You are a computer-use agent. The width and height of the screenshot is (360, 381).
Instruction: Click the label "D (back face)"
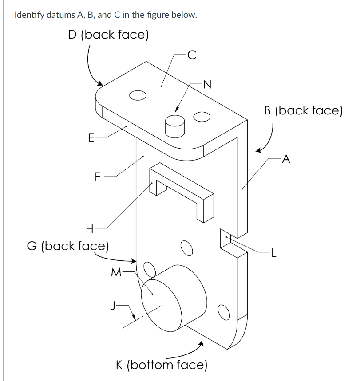[108, 35]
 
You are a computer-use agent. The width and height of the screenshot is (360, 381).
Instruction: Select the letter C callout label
[192, 55]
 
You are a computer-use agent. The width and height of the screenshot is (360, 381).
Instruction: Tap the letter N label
[207, 84]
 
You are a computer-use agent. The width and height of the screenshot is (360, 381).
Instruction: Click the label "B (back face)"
[303, 110]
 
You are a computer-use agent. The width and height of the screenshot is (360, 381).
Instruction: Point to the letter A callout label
[286, 159]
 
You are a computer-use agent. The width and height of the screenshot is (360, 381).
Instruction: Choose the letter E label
[91, 138]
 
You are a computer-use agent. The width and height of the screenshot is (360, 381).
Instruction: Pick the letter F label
[97, 177]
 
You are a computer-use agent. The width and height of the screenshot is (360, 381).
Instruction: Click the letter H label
[90, 229]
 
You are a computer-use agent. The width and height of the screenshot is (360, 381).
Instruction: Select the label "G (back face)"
[68, 246]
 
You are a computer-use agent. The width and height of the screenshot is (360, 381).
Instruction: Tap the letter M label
[116, 272]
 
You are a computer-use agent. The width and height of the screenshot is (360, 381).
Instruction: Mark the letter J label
[113, 306]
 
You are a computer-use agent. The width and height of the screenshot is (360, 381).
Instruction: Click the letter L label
[274, 253]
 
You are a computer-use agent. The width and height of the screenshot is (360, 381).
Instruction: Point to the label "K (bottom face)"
[162, 365]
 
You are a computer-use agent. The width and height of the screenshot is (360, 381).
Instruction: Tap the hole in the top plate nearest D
[138, 95]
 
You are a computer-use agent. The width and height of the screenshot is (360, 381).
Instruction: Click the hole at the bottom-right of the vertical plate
[224, 312]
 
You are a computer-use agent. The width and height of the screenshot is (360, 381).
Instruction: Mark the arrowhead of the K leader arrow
[201, 343]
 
